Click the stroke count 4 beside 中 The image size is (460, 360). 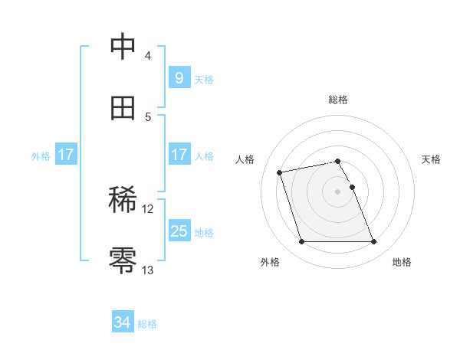(x=148, y=56)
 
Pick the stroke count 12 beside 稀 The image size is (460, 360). (x=148, y=208)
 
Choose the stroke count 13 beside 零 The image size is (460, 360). (x=148, y=270)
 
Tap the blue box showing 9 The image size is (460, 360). (x=179, y=78)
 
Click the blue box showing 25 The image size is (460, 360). (x=179, y=231)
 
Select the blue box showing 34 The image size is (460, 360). (x=123, y=323)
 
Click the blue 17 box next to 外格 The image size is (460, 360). (x=66, y=155)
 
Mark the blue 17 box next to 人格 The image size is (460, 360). (x=179, y=155)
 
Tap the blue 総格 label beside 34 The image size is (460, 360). (x=147, y=324)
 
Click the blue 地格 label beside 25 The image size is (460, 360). (x=204, y=232)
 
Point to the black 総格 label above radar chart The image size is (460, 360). (x=338, y=100)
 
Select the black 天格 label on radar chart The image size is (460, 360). (x=432, y=159)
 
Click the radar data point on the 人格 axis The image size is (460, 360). (x=280, y=172)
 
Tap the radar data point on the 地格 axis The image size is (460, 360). (x=373, y=242)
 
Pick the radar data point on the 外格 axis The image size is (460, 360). (x=301, y=242)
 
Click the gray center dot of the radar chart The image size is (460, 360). (x=338, y=191)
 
